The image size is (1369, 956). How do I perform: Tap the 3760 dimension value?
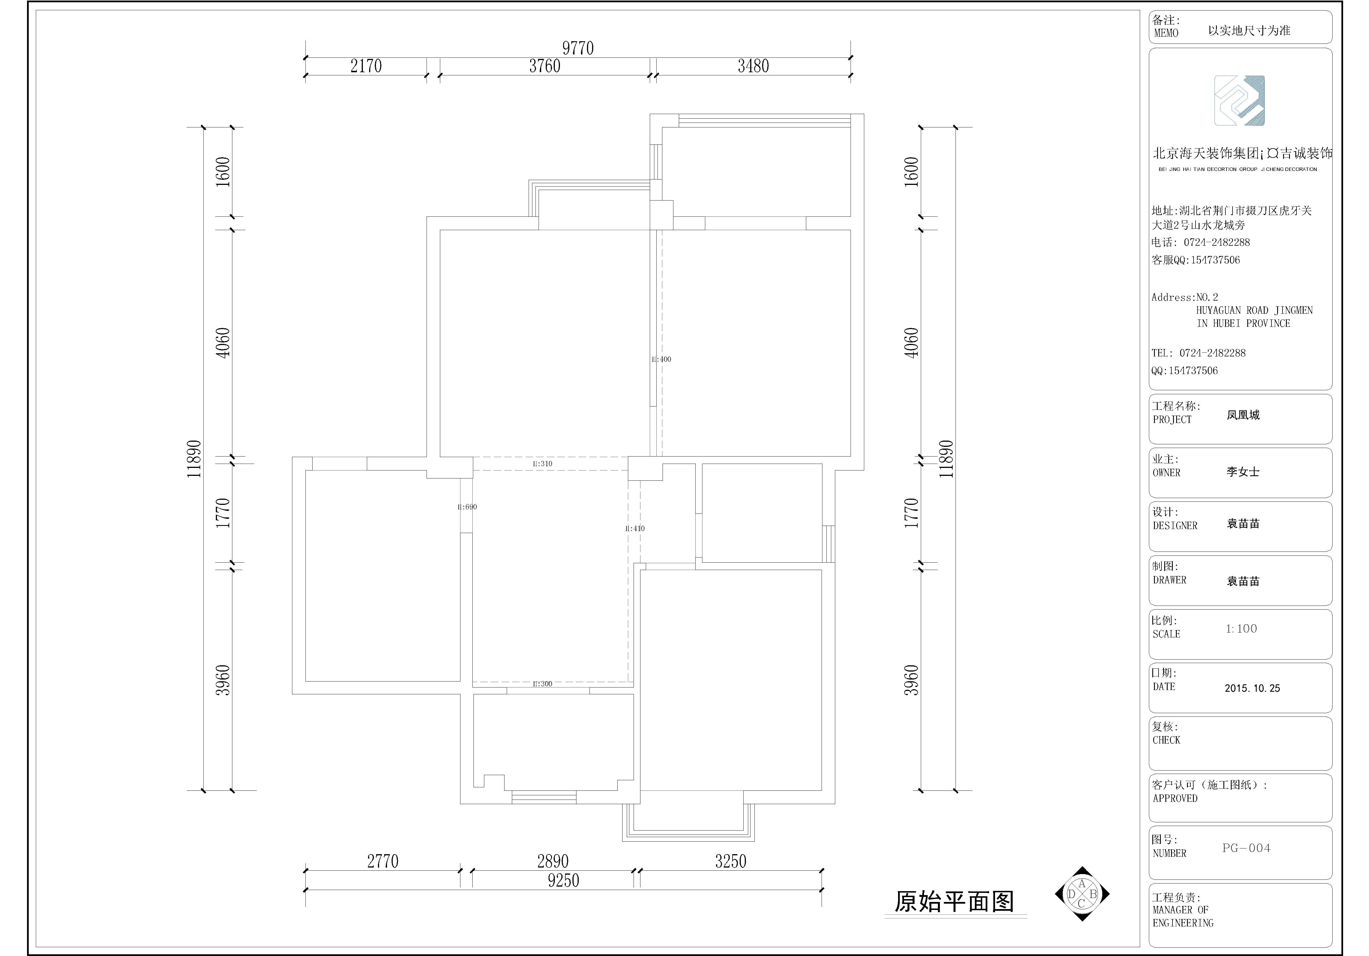coord(544,66)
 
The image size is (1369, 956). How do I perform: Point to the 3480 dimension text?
coord(753,66)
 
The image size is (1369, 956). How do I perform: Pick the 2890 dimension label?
coord(553,861)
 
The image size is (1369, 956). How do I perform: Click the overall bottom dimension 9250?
coord(563,880)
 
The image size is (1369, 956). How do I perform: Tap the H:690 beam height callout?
coord(467,507)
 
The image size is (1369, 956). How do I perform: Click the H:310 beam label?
coord(543,463)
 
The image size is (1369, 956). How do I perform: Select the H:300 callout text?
coord(543,684)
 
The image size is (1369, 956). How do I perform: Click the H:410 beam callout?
coord(635,528)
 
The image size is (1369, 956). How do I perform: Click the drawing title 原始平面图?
coord(954,902)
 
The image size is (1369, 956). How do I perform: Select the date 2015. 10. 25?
coord(1252,688)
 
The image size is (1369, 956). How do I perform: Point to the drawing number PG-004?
coord(1246,848)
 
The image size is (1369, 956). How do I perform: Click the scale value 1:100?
coord(1241,629)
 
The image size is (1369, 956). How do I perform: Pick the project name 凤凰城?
coord(1243,415)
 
